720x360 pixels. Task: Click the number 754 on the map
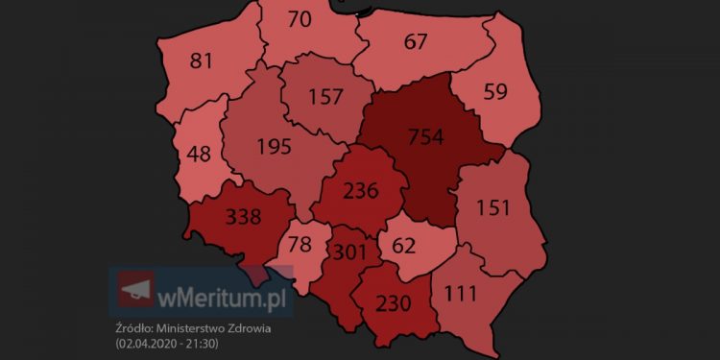[x=425, y=137]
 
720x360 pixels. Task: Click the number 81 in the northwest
[x=202, y=61]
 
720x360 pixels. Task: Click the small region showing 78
[x=300, y=245]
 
